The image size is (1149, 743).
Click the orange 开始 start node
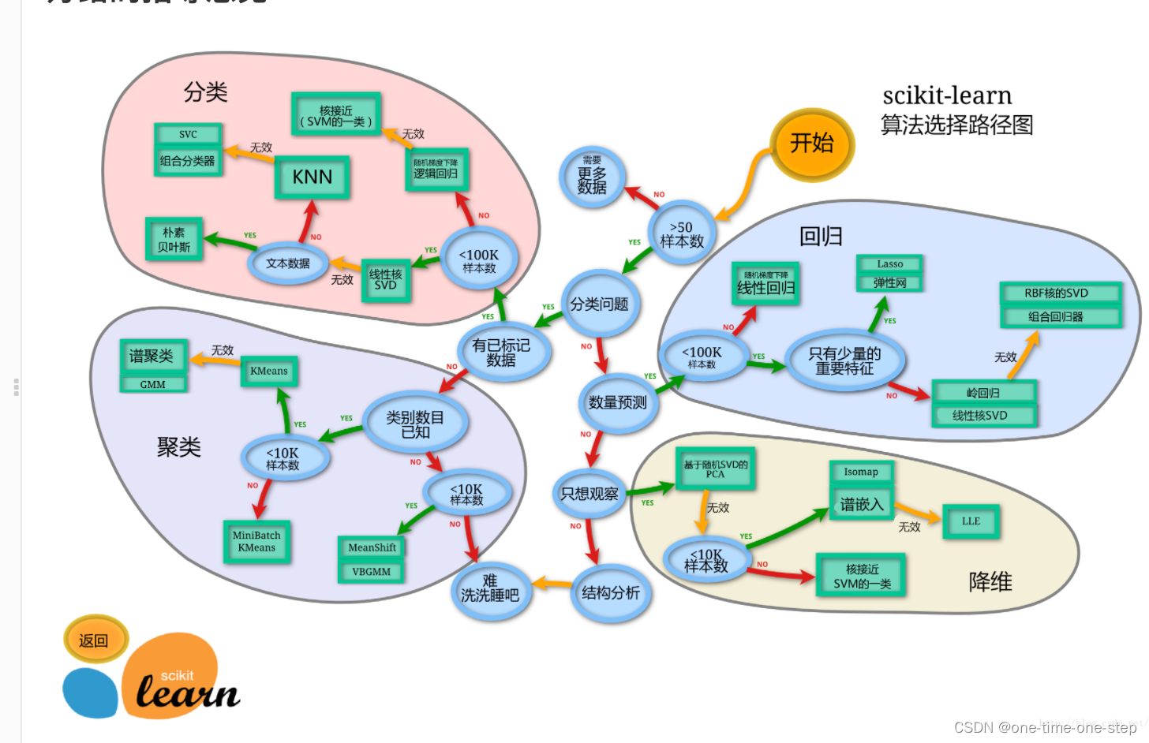click(811, 144)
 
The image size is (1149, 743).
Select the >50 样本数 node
click(681, 234)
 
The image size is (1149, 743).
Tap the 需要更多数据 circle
click(592, 177)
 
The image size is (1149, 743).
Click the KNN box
click(313, 177)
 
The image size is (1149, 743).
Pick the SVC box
click(188, 135)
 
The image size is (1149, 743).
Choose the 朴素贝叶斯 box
click(174, 240)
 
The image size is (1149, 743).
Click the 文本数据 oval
click(288, 263)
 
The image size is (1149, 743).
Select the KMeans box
click(269, 371)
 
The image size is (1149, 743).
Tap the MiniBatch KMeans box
click(256, 541)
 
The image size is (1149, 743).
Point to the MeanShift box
click(372, 547)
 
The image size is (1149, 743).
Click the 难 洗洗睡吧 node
click(490, 588)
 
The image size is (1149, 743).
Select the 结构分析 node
click(610, 593)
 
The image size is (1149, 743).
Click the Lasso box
click(889, 264)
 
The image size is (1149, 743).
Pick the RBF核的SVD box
click(1056, 293)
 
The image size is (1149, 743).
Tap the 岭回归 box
click(983, 392)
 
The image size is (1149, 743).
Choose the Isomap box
click(861, 472)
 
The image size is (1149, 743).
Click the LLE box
click(971, 521)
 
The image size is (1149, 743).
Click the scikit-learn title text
click(947, 95)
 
